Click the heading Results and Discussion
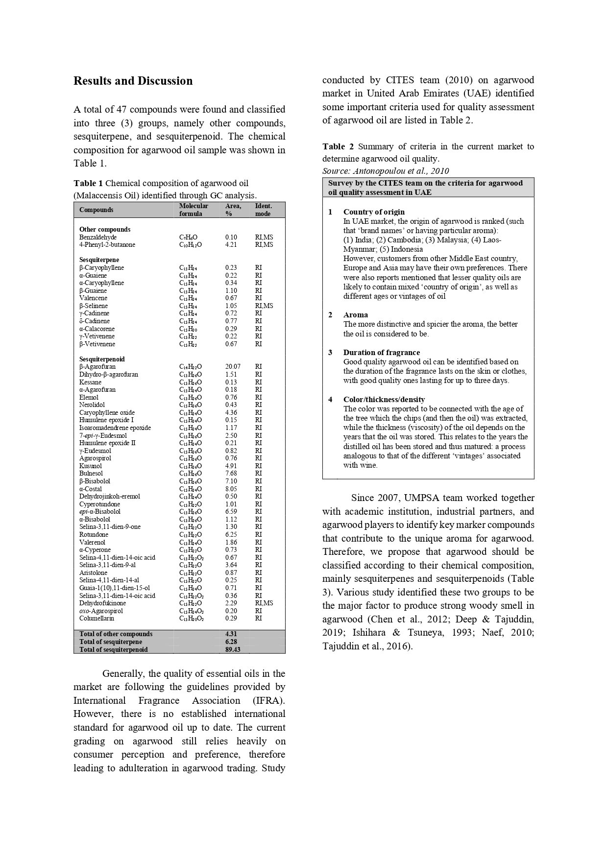pos(133,81)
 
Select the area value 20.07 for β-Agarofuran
pos(233,366)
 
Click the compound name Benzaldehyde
pos(98,237)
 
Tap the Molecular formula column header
pos(194,210)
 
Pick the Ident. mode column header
pos(263,210)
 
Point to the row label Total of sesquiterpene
pos(111,642)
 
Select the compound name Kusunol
pos(91,466)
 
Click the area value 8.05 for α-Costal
pos(231,489)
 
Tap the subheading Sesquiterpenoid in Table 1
pos(101,359)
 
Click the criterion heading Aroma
pos(355,314)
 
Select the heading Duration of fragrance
pos(381,352)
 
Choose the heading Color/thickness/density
pos(384,399)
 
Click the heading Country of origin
pos(374,212)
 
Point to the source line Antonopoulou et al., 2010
pos(385,171)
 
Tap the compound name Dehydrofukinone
pos(102,603)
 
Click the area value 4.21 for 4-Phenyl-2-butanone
pos(231,244)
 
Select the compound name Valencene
pos(93,298)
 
